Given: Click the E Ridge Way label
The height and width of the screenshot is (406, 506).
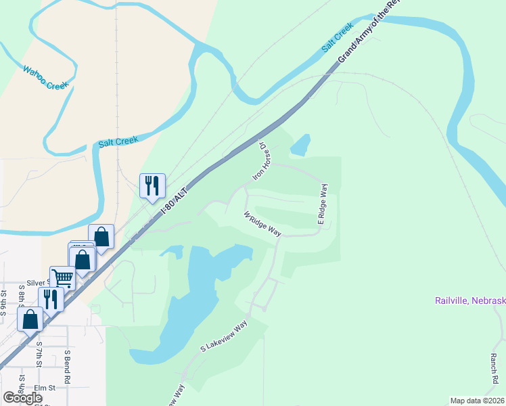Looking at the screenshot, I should point(323,204).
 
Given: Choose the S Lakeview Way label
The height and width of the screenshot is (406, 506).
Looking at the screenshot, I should point(224,336).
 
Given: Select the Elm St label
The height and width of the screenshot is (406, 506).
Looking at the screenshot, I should point(44,388).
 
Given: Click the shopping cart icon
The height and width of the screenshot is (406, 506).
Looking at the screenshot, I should point(62,277).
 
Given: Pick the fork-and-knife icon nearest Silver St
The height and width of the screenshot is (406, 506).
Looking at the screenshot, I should point(51,298).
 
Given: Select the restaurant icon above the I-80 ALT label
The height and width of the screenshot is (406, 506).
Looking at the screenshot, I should point(152,185).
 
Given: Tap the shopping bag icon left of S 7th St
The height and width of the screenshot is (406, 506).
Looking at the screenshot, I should point(30,319).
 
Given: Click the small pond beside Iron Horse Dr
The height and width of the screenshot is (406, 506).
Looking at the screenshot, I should point(300,144).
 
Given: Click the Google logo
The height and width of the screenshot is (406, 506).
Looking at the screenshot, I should point(22,398).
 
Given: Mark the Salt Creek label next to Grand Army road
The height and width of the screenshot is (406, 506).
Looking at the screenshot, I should point(338,39).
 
